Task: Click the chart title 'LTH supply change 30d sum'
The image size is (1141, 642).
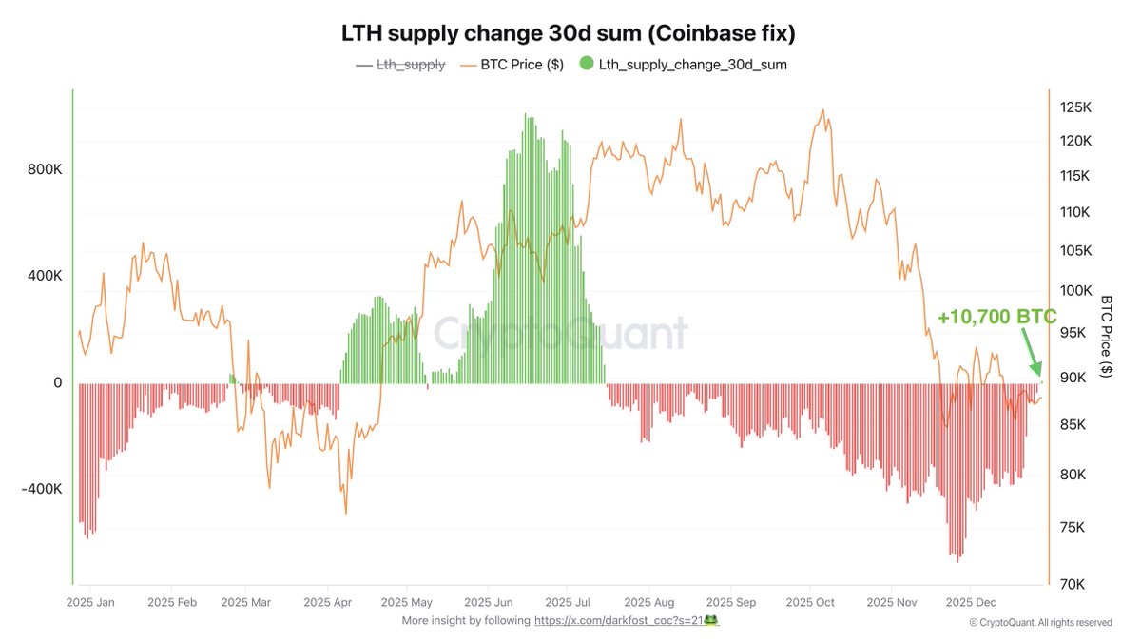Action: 569,33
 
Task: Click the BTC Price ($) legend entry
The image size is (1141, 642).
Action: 513,65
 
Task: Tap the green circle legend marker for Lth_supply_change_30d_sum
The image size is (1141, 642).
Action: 586,65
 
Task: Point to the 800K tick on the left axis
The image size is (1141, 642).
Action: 45,170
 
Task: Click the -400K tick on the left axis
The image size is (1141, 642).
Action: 42,489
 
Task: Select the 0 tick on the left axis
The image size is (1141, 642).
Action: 57,382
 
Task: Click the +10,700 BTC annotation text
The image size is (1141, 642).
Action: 996,318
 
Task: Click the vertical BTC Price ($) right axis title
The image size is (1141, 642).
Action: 1106,336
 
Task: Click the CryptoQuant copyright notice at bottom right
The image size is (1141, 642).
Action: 1040,622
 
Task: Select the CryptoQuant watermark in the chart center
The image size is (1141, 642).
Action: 561,335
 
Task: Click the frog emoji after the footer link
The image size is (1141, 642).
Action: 709,619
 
